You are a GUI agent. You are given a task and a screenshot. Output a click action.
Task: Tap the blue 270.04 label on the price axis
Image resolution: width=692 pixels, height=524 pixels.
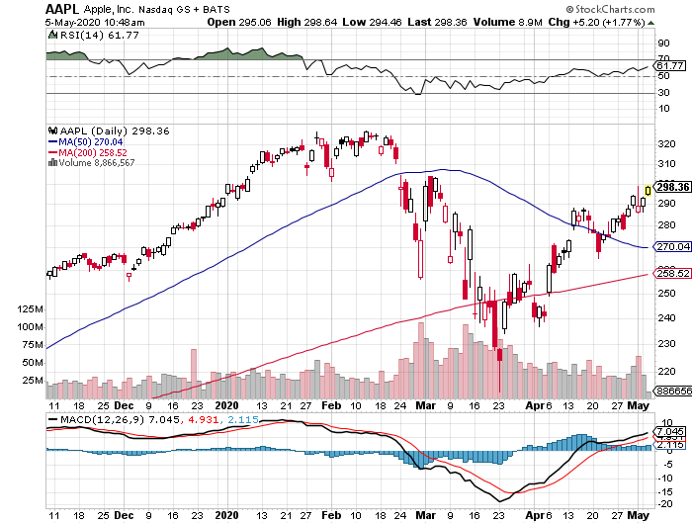click(671, 246)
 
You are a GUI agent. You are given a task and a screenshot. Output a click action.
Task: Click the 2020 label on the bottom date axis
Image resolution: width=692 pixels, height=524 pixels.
click(227, 405)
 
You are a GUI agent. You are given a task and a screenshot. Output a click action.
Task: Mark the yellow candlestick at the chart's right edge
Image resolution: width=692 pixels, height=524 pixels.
click(647, 189)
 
